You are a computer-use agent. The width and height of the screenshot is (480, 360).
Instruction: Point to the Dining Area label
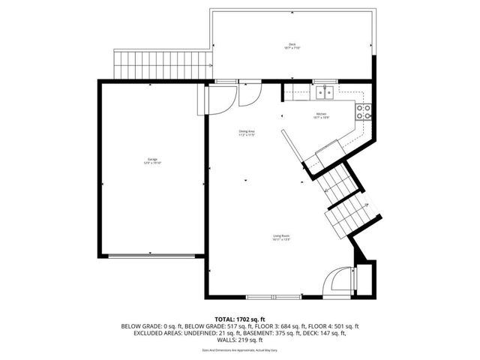247,133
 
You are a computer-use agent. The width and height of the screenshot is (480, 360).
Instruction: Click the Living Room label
281,238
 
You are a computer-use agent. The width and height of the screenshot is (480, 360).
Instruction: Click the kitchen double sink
324,92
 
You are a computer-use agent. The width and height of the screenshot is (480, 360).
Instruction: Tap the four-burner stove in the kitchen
363,112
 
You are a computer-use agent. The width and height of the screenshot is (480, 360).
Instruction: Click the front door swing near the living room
337,283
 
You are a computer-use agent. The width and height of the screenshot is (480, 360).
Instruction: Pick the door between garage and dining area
206,100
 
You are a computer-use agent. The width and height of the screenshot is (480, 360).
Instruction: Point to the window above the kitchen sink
324,81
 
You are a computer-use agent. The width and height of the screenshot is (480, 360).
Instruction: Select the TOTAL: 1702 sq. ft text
240,319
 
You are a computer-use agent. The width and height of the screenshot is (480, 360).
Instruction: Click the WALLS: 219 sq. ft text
240,340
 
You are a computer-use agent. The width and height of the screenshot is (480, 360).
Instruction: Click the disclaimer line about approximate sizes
240,349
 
